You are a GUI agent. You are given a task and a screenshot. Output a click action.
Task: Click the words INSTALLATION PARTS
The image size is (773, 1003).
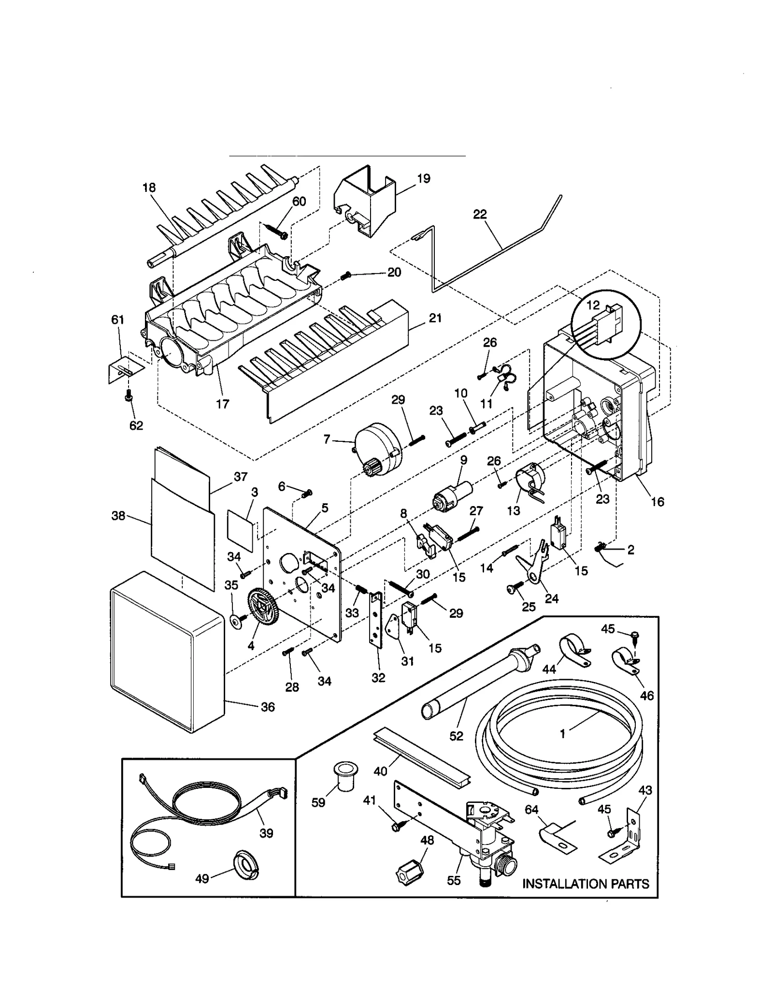[586, 884]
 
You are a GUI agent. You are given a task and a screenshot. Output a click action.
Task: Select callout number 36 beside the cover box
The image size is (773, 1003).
[268, 707]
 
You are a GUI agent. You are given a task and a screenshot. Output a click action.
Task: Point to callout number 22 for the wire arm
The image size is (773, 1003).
[480, 214]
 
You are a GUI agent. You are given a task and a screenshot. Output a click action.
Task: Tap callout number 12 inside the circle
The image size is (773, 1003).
[593, 305]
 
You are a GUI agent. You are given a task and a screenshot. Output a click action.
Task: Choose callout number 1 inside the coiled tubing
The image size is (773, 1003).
[562, 734]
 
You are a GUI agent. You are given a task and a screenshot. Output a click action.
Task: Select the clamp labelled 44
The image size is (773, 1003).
[574, 651]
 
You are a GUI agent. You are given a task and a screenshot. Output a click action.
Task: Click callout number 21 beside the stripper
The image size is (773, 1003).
[435, 318]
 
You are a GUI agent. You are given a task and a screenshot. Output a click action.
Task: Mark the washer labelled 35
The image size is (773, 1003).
[237, 621]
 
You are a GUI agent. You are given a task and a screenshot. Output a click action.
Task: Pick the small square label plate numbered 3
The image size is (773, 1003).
[241, 528]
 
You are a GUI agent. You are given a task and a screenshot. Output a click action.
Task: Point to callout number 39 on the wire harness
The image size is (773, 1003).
[266, 833]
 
